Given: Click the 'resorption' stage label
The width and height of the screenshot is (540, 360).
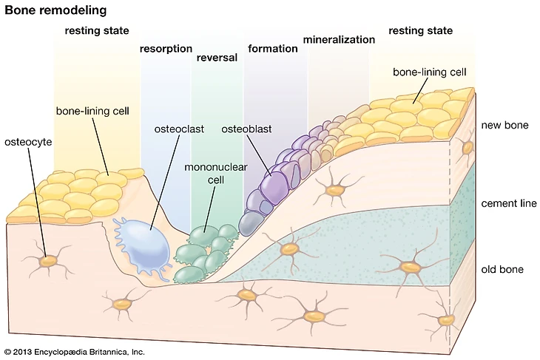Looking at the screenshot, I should [166, 49].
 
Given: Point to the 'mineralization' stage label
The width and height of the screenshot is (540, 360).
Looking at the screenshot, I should [339, 39].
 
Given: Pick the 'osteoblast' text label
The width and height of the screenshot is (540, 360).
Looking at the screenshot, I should [247, 129].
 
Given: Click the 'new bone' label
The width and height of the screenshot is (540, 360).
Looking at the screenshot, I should [504, 126].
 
